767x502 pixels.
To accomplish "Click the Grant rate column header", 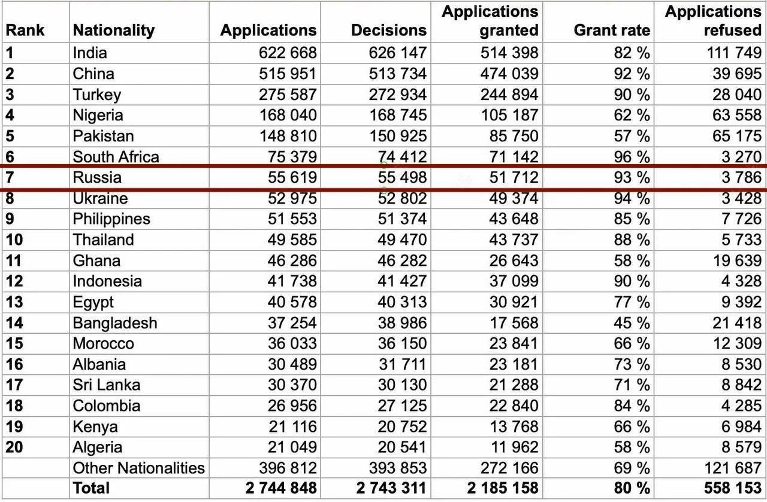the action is (x=612, y=30).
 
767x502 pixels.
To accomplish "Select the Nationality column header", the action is (x=114, y=31).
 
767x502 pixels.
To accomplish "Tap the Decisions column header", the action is (x=389, y=30).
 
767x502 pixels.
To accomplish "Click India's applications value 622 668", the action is (x=288, y=53).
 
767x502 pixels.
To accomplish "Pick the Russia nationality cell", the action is (x=97, y=177).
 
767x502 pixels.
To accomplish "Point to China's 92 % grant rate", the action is (x=632, y=74).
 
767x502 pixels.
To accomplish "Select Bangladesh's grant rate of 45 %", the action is (x=632, y=323).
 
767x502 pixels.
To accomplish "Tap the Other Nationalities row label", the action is (x=138, y=468).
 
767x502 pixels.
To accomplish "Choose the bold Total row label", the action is (x=91, y=488).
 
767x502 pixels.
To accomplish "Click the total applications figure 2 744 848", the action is (x=281, y=488).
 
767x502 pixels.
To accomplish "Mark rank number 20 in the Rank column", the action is (x=14, y=447).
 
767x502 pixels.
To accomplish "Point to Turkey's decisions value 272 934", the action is (x=398, y=95).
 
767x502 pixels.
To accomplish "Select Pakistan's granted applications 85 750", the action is (x=514, y=136).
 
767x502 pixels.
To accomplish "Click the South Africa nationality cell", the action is (x=116, y=157).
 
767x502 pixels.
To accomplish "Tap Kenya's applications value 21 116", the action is (x=292, y=427).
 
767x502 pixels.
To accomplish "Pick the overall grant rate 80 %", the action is (x=632, y=488).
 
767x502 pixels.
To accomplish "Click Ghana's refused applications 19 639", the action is (x=737, y=261).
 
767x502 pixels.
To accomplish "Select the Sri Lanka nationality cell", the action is (x=107, y=385).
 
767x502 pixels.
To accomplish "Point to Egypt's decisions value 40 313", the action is (x=402, y=302).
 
